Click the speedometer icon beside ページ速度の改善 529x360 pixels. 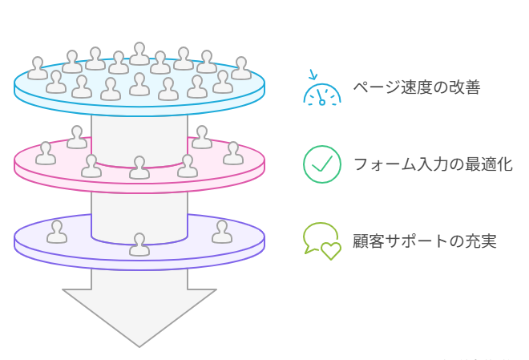point(321,91)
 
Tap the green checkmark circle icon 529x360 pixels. point(321,164)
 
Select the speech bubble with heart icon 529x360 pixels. point(321,240)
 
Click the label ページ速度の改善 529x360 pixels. point(416,87)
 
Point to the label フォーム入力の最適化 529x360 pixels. point(432,164)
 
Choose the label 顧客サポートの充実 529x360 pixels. point(424,241)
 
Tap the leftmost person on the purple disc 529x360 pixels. point(57,233)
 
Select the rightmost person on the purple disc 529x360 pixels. point(222,233)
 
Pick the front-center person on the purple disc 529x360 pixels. point(139,245)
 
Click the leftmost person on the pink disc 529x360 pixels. point(46,153)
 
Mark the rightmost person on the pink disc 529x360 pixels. point(232,153)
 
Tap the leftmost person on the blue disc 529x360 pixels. point(38,68)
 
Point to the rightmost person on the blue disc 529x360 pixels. point(241,68)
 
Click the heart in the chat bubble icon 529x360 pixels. point(331,250)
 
